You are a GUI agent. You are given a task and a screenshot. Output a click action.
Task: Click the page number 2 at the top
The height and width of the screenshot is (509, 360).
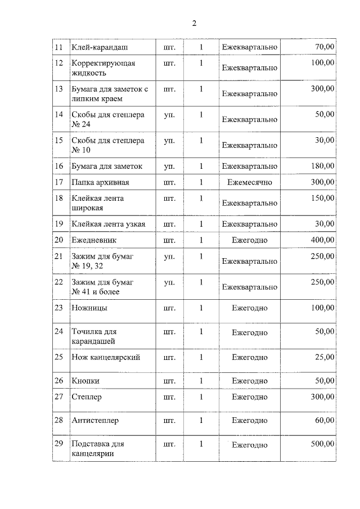tap(194, 23)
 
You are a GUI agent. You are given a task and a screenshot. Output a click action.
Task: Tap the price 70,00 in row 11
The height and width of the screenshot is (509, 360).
tap(323, 47)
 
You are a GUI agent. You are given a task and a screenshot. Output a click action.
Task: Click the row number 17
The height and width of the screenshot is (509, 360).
tap(58, 182)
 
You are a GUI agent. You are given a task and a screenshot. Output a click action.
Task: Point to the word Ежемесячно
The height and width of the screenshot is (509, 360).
tap(250, 182)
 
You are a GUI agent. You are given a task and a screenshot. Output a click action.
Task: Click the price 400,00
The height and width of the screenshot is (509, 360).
tap(322, 240)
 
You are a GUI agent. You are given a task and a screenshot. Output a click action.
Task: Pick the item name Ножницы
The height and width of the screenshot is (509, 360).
tap(89, 308)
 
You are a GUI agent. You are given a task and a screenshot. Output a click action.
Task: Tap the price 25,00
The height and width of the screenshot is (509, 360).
tap(323, 357)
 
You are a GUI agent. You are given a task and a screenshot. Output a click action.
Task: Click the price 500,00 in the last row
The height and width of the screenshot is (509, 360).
tap(322, 444)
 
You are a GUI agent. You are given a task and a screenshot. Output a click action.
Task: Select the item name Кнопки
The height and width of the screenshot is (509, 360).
tap(85, 381)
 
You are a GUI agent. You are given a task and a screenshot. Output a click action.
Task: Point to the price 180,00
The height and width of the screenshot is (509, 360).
tap(322, 166)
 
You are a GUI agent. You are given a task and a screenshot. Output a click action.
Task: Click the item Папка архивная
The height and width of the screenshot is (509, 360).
tap(100, 182)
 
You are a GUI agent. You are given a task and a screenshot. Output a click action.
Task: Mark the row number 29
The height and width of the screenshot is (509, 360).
tap(58, 444)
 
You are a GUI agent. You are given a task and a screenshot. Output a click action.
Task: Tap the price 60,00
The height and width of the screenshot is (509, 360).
tap(323, 420)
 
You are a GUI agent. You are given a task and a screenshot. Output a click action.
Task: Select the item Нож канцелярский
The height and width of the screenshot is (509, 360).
tap(106, 357)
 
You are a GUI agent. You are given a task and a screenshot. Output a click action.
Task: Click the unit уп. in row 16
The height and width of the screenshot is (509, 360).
tap(169, 166)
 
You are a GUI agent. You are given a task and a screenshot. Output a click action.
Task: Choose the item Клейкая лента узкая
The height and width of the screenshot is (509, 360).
tap(108, 224)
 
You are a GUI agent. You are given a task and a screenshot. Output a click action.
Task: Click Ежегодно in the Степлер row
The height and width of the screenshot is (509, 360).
tap(250, 397)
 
